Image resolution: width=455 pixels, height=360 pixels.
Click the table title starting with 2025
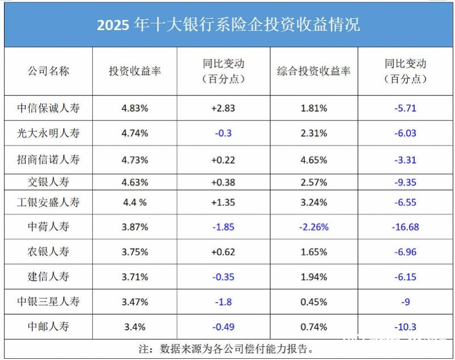point(228,25)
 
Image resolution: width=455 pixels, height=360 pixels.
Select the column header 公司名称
point(48,71)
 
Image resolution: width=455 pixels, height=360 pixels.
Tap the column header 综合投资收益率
point(313,71)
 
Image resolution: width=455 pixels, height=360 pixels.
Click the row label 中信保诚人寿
point(48,108)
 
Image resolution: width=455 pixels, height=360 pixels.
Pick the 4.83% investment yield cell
point(135,108)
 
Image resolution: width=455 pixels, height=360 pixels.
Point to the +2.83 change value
point(223,108)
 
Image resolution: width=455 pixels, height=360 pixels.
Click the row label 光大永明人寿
point(48,134)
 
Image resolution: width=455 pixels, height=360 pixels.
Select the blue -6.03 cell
point(405,134)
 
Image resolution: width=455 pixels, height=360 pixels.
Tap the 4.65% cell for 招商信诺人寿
point(313,160)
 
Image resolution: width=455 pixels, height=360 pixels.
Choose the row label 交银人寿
point(48,183)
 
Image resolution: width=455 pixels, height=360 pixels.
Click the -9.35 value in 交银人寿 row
point(405,183)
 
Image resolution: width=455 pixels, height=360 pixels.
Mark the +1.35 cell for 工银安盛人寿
point(223,202)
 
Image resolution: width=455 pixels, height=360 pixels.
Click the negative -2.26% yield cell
point(313,227)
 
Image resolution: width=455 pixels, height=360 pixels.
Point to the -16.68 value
point(405,227)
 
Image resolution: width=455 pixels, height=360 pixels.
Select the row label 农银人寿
point(48,252)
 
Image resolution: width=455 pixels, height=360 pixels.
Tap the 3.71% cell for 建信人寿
point(135,277)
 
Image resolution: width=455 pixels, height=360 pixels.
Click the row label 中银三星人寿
point(48,302)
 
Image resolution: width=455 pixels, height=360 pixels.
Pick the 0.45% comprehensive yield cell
point(313,302)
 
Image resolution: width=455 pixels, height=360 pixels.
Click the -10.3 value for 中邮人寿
point(405,327)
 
